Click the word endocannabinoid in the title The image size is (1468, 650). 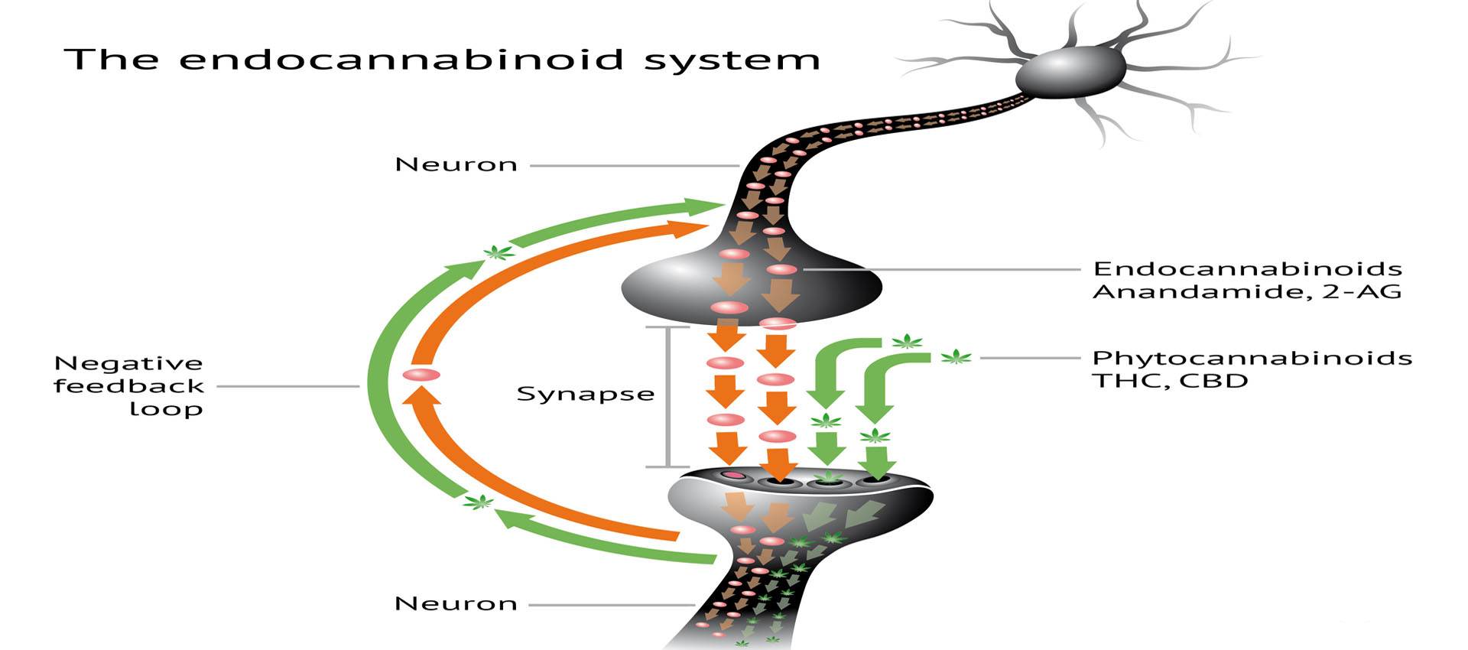click(x=401, y=60)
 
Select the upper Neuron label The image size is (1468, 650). click(x=456, y=164)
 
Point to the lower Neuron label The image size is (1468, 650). click(x=456, y=603)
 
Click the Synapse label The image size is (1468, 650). click(x=585, y=394)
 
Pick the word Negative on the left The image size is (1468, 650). click(x=128, y=363)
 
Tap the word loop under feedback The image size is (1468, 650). click(x=166, y=409)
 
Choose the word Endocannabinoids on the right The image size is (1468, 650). click(x=1247, y=268)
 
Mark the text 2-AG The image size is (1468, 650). click(x=1362, y=291)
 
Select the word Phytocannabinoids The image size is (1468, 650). click(x=1252, y=358)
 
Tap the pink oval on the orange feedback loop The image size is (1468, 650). click(x=421, y=375)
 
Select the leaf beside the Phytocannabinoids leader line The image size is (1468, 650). click(x=956, y=356)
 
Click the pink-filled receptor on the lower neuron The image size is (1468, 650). click(x=734, y=476)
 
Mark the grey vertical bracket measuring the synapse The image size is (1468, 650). click(x=668, y=396)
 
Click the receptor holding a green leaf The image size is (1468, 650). click(x=828, y=479)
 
